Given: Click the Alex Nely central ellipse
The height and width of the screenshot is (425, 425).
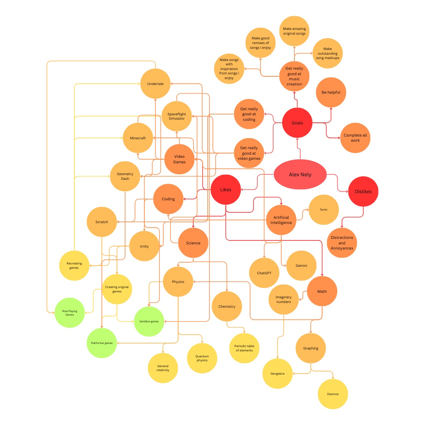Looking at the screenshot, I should point(300,174).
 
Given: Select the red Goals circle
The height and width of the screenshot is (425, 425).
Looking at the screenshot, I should point(297,123).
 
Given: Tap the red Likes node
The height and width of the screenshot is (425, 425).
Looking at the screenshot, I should point(225,190).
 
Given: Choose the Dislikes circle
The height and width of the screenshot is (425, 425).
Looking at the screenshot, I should point(363,192).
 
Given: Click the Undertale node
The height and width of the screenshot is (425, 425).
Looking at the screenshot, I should point(155,83).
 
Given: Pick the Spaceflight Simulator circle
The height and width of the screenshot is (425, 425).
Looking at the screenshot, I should point(176,116).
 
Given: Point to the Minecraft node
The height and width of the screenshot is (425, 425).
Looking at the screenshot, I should point(138,138).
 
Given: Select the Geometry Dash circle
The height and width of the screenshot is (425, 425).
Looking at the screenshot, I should point(125,176).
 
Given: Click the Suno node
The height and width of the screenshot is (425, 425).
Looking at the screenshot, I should point(323,209).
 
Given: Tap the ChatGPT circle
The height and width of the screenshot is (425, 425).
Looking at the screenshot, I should point(264,273).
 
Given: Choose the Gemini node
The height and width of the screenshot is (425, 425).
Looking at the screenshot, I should point(301,266).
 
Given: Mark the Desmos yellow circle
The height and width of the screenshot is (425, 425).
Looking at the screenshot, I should point(333,394).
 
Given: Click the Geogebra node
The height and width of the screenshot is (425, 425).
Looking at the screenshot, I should point(277,373).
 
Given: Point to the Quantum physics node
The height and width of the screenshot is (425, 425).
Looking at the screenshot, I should point(202,358).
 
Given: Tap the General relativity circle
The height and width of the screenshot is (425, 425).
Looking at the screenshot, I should point(163,368).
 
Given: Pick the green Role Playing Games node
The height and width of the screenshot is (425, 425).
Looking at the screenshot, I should point(70,313).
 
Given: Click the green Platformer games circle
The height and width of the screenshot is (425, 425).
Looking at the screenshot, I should point(102,343).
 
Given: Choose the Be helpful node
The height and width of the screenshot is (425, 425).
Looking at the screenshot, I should point(331,92).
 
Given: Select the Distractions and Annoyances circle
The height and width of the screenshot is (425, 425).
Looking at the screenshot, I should point(342,243).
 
